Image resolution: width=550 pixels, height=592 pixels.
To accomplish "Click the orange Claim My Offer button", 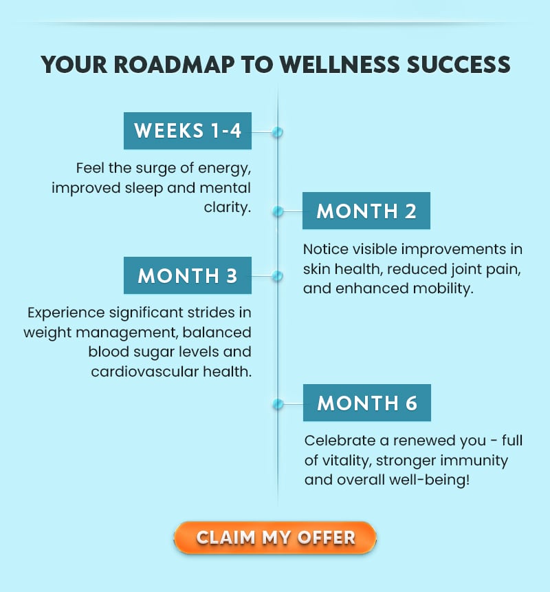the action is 275,538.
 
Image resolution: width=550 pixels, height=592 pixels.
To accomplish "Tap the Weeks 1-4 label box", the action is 188,131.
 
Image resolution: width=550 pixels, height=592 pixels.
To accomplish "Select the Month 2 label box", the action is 366,211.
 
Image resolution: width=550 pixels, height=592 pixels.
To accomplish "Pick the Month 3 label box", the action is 188,275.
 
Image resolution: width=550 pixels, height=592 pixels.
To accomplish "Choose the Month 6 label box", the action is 367,403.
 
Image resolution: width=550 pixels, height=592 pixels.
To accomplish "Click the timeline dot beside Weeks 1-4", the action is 278,132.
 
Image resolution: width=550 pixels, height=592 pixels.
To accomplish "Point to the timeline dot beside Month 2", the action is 278,211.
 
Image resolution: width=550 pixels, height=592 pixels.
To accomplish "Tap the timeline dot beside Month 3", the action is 278,276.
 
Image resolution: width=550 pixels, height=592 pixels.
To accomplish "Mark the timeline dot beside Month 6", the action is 278,404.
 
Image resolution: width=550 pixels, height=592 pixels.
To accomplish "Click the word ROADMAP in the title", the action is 174,65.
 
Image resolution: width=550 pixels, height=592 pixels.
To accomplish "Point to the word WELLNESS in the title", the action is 340,65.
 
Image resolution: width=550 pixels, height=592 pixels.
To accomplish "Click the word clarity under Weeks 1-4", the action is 228,207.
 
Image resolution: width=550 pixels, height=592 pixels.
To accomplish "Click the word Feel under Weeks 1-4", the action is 90,168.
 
